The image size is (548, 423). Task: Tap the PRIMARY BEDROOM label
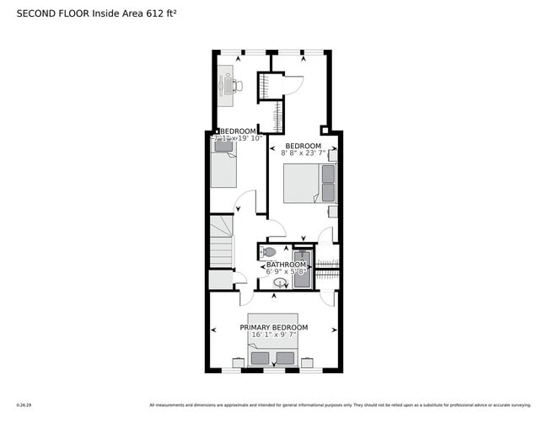[x=273, y=327]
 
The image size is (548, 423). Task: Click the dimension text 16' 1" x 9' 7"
[x=273, y=335]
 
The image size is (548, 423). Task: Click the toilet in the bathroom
[x=268, y=252]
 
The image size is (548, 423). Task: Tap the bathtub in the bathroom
[x=303, y=269]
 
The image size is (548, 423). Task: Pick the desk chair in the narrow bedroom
[x=239, y=85]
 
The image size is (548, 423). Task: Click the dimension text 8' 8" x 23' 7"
[x=302, y=153]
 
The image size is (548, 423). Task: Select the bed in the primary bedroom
[x=273, y=350]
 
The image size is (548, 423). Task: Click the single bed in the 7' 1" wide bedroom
[x=223, y=164]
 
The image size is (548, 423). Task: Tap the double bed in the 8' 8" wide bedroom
[x=309, y=183]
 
